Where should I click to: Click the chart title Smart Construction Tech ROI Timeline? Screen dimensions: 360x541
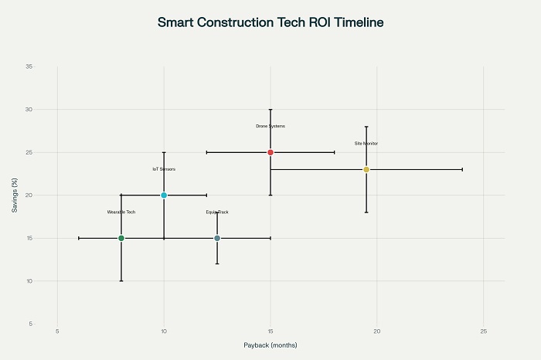pyautogui.click(x=270, y=22)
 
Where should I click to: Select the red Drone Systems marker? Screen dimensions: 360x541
pyautogui.click(x=270, y=152)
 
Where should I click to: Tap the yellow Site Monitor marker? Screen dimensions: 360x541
pyautogui.click(x=366, y=169)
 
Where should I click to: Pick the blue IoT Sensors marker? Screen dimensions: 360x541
pyautogui.click(x=164, y=195)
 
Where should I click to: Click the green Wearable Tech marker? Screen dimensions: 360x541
pyautogui.click(x=121, y=238)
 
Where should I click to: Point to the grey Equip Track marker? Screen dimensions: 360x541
pyautogui.click(x=217, y=238)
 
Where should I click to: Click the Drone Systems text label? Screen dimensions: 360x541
pyautogui.click(x=270, y=126)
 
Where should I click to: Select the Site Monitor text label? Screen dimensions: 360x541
pyautogui.click(x=366, y=143)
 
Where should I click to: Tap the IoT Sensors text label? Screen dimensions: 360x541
pyautogui.click(x=164, y=169)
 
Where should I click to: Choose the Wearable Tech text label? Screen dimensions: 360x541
pyautogui.click(x=121, y=212)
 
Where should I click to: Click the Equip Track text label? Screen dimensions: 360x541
pyautogui.click(x=217, y=212)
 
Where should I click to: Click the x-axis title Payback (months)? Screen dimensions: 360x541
pyautogui.click(x=270, y=345)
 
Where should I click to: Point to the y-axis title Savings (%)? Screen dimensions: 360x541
pyautogui.click(x=15, y=195)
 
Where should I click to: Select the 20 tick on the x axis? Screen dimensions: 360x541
pyautogui.click(x=377, y=332)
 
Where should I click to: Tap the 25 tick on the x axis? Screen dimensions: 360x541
pyautogui.click(x=484, y=332)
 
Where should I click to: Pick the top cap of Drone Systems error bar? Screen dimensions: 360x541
pyautogui.click(x=270, y=110)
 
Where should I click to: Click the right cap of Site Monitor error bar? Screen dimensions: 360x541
pyautogui.click(x=462, y=169)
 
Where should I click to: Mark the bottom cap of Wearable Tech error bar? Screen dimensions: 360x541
pyautogui.click(x=121, y=280)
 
